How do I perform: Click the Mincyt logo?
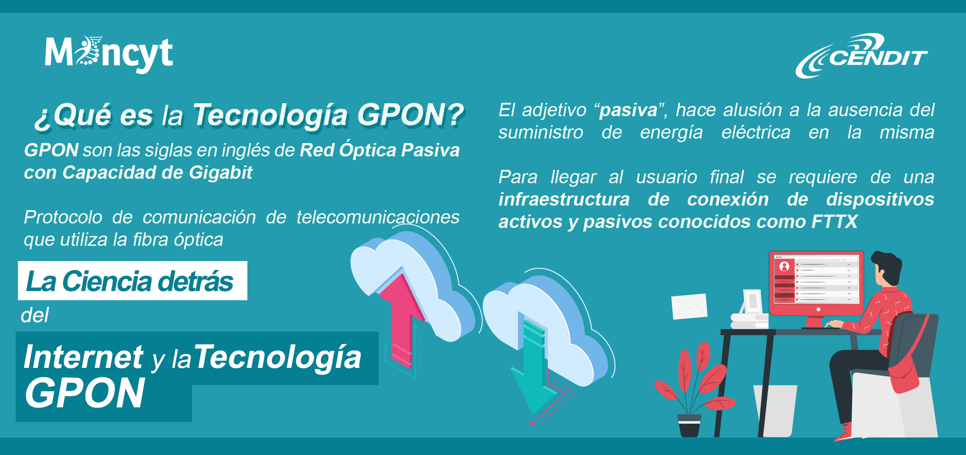point(109,54)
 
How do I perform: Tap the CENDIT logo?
point(861,56)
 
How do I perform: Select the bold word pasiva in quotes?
point(628,110)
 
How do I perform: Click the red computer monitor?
point(816,283)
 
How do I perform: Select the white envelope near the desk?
point(689,306)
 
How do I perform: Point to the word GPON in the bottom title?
point(85,393)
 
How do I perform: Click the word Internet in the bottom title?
point(84,358)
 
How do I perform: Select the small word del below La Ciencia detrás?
point(35,316)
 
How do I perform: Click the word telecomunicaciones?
point(378,218)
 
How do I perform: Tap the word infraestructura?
point(564,200)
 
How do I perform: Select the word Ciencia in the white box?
point(107,282)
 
